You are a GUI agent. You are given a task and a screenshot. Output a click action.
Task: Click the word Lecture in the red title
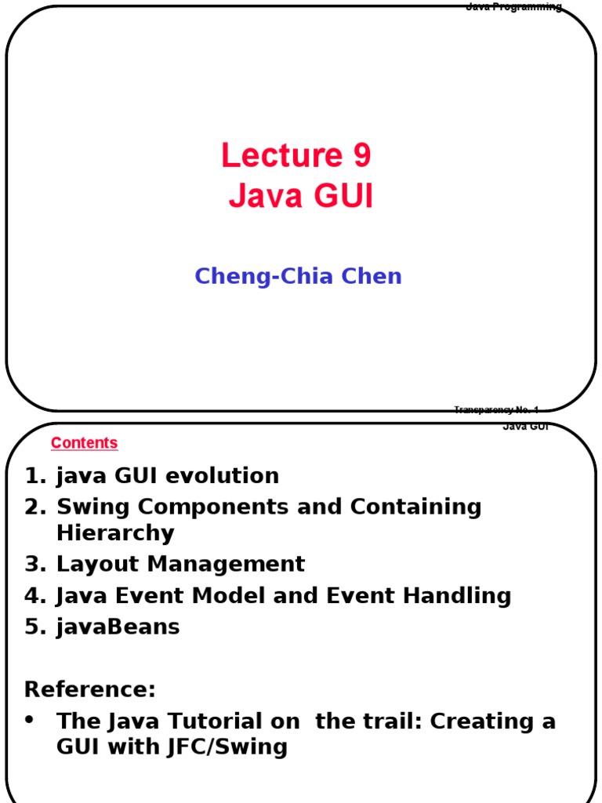coord(274,155)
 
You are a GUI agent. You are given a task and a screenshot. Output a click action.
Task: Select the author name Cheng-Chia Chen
coord(298,276)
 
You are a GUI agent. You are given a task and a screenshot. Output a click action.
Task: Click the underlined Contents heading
coord(84,443)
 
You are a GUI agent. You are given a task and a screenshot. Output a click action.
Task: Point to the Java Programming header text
coord(513,7)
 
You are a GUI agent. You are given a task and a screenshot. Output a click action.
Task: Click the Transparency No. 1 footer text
coord(495,409)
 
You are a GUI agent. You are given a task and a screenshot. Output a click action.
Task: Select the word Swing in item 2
coord(87,507)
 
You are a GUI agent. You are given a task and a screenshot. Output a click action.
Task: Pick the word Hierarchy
coord(115,533)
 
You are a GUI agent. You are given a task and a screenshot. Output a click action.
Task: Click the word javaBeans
coord(118,627)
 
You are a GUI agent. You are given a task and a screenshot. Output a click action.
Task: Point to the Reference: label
coord(90,690)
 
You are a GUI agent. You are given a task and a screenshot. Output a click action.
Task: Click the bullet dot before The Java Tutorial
coord(30,720)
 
